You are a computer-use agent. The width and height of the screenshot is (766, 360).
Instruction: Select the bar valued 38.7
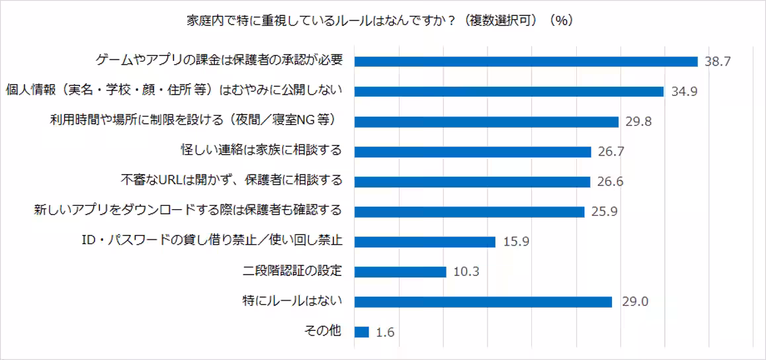tap(526, 62)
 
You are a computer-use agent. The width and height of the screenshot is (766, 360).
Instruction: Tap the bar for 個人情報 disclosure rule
tap(509, 91)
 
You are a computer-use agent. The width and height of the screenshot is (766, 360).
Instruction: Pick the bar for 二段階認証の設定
tap(400, 272)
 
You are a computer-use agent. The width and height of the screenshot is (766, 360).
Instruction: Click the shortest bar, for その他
tap(362, 332)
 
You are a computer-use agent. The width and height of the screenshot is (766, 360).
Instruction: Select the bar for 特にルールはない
tap(483, 302)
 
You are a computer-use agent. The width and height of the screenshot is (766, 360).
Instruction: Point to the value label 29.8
tap(638, 122)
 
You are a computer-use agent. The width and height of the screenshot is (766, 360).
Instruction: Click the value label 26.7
tap(611, 152)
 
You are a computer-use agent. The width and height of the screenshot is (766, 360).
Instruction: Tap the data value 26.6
tap(610, 182)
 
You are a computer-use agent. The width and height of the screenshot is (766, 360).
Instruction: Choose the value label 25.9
tap(604, 212)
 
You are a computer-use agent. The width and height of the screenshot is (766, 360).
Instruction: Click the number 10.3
tap(466, 272)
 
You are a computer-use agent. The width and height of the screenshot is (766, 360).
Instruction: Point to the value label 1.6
tap(384, 333)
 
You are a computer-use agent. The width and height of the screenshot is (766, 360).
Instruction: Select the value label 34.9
tap(684, 92)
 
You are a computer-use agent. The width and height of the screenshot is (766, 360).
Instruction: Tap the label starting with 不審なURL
tap(232, 180)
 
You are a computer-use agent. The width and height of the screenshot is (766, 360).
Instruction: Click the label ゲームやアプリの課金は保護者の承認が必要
tap(219, 60)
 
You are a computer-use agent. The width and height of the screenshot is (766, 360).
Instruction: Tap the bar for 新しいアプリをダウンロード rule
tap(470, 212)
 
